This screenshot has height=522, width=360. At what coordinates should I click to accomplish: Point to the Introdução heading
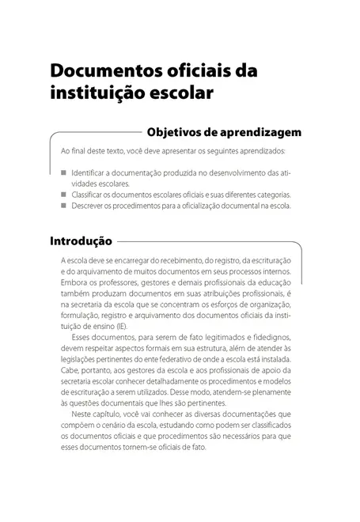[81, 240]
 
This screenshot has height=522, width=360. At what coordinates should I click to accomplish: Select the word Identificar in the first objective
[86, 172]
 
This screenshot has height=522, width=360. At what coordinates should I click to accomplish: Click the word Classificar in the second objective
[87, 194]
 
